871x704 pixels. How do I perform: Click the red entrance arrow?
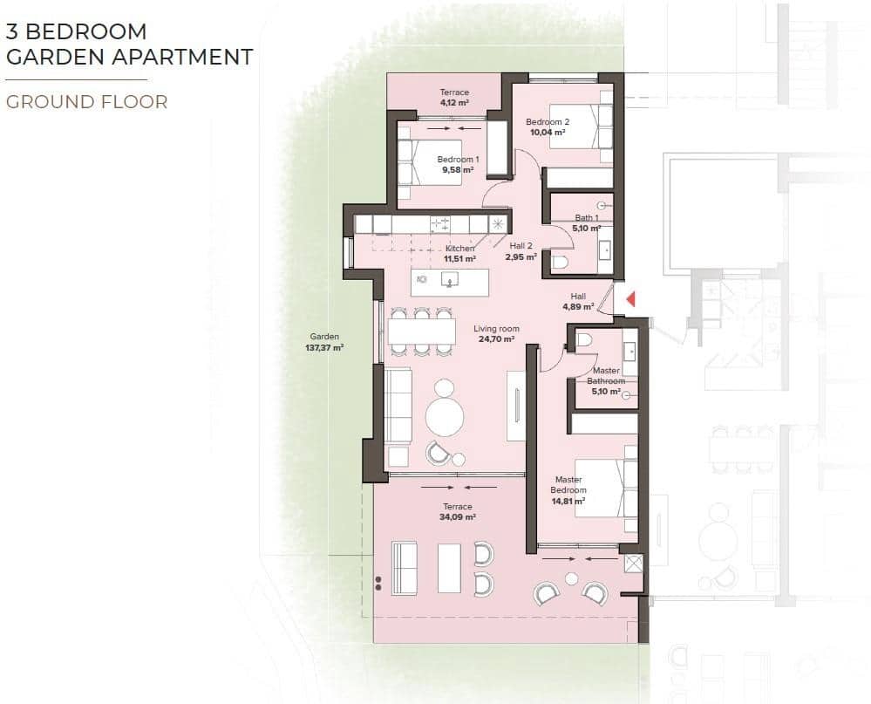pos(630,299)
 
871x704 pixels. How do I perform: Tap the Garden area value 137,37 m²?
pos(324,347)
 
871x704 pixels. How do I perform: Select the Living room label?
pos(496,329)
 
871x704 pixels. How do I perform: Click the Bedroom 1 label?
pos(458,160)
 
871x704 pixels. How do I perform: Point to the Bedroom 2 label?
pos(548,122)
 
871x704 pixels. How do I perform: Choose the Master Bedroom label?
pos(568,480)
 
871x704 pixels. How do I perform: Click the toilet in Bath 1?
pos(559,261)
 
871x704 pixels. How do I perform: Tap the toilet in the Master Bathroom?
pos(585,339)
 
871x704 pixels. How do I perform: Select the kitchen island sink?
pos(450,280)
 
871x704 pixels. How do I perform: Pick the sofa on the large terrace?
pos(405,568)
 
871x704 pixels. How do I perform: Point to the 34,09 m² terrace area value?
pos(457,517)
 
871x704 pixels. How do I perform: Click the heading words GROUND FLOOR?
pos(87,102)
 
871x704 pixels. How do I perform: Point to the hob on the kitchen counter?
pos(440,224)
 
